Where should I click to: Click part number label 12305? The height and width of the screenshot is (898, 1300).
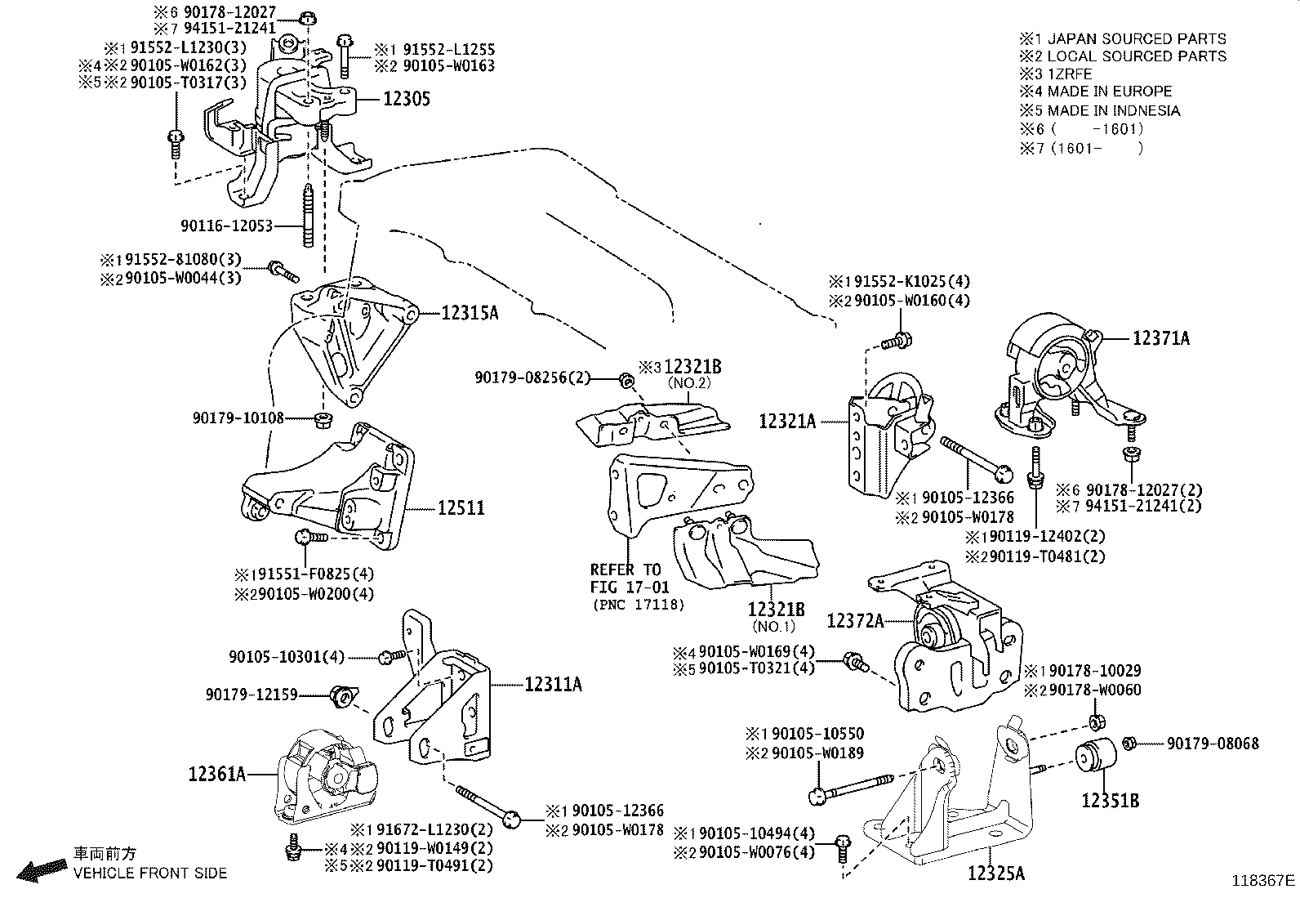click(406, 99)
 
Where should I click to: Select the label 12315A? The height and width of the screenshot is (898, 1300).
click(470, 312)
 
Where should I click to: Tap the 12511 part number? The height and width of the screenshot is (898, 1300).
click(461, 508)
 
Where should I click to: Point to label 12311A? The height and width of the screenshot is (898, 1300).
click(553, 685)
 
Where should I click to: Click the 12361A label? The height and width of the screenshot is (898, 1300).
click(217, 773)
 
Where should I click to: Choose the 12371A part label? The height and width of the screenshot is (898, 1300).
click(1160, 337)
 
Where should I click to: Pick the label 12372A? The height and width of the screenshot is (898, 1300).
click(855, 621)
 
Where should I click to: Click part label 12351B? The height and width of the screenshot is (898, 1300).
click(1110, 801)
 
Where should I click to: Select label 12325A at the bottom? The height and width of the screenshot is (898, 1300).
click(995, 873)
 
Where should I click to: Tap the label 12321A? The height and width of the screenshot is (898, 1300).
click(787, 422)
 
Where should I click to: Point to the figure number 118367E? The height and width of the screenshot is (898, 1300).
click(1263, 881)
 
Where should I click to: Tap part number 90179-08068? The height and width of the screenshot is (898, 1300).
click(1212, 744)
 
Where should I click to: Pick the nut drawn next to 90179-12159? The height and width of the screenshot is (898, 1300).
click(342, 697)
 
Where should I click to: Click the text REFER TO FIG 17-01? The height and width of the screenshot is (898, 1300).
click(629, 578)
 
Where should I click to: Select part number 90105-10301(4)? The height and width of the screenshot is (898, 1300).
click(287, 656)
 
